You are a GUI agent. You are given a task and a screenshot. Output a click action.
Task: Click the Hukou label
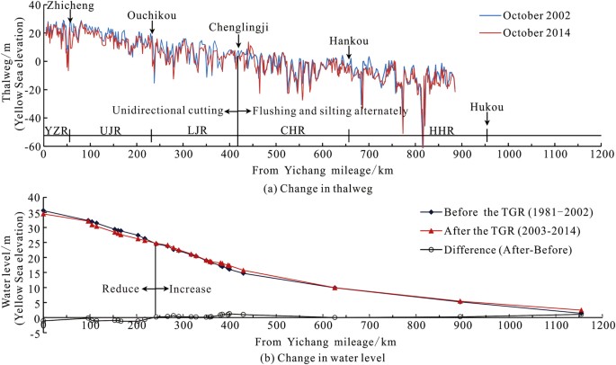(x=487, y=107)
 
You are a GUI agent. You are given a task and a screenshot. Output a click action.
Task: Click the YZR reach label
(x=55, y=130)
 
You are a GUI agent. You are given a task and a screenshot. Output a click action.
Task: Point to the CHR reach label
(x=292, y=130)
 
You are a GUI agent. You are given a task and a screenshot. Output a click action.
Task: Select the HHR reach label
(x=442, y=130)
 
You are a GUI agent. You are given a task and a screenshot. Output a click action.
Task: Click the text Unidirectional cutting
(x=167, y=111)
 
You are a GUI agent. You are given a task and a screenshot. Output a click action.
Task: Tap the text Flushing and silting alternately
(x=330, y=111)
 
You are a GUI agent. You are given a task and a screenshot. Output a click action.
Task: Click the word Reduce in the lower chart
(x=120, y=289)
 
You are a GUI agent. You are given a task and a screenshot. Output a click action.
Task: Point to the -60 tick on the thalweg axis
(x=30, y=146)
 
